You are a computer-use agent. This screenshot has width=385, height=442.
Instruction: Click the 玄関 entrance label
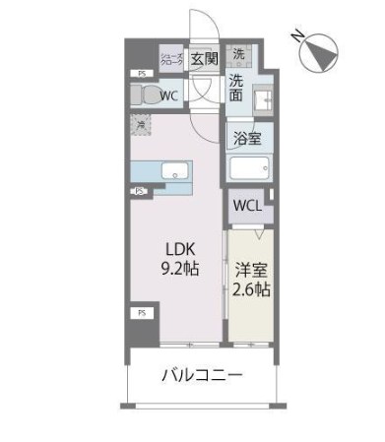point(204,58)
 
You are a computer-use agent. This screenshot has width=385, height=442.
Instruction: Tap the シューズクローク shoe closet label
point(171,58)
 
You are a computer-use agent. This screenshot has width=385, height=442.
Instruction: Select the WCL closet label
point(246,207)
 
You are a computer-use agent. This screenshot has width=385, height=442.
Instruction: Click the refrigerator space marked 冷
point(142,125)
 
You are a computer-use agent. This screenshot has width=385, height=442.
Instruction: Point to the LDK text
point(179,247)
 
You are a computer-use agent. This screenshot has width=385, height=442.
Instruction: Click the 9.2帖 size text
point(179,268)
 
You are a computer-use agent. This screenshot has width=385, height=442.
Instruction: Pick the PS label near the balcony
point(141,313)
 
